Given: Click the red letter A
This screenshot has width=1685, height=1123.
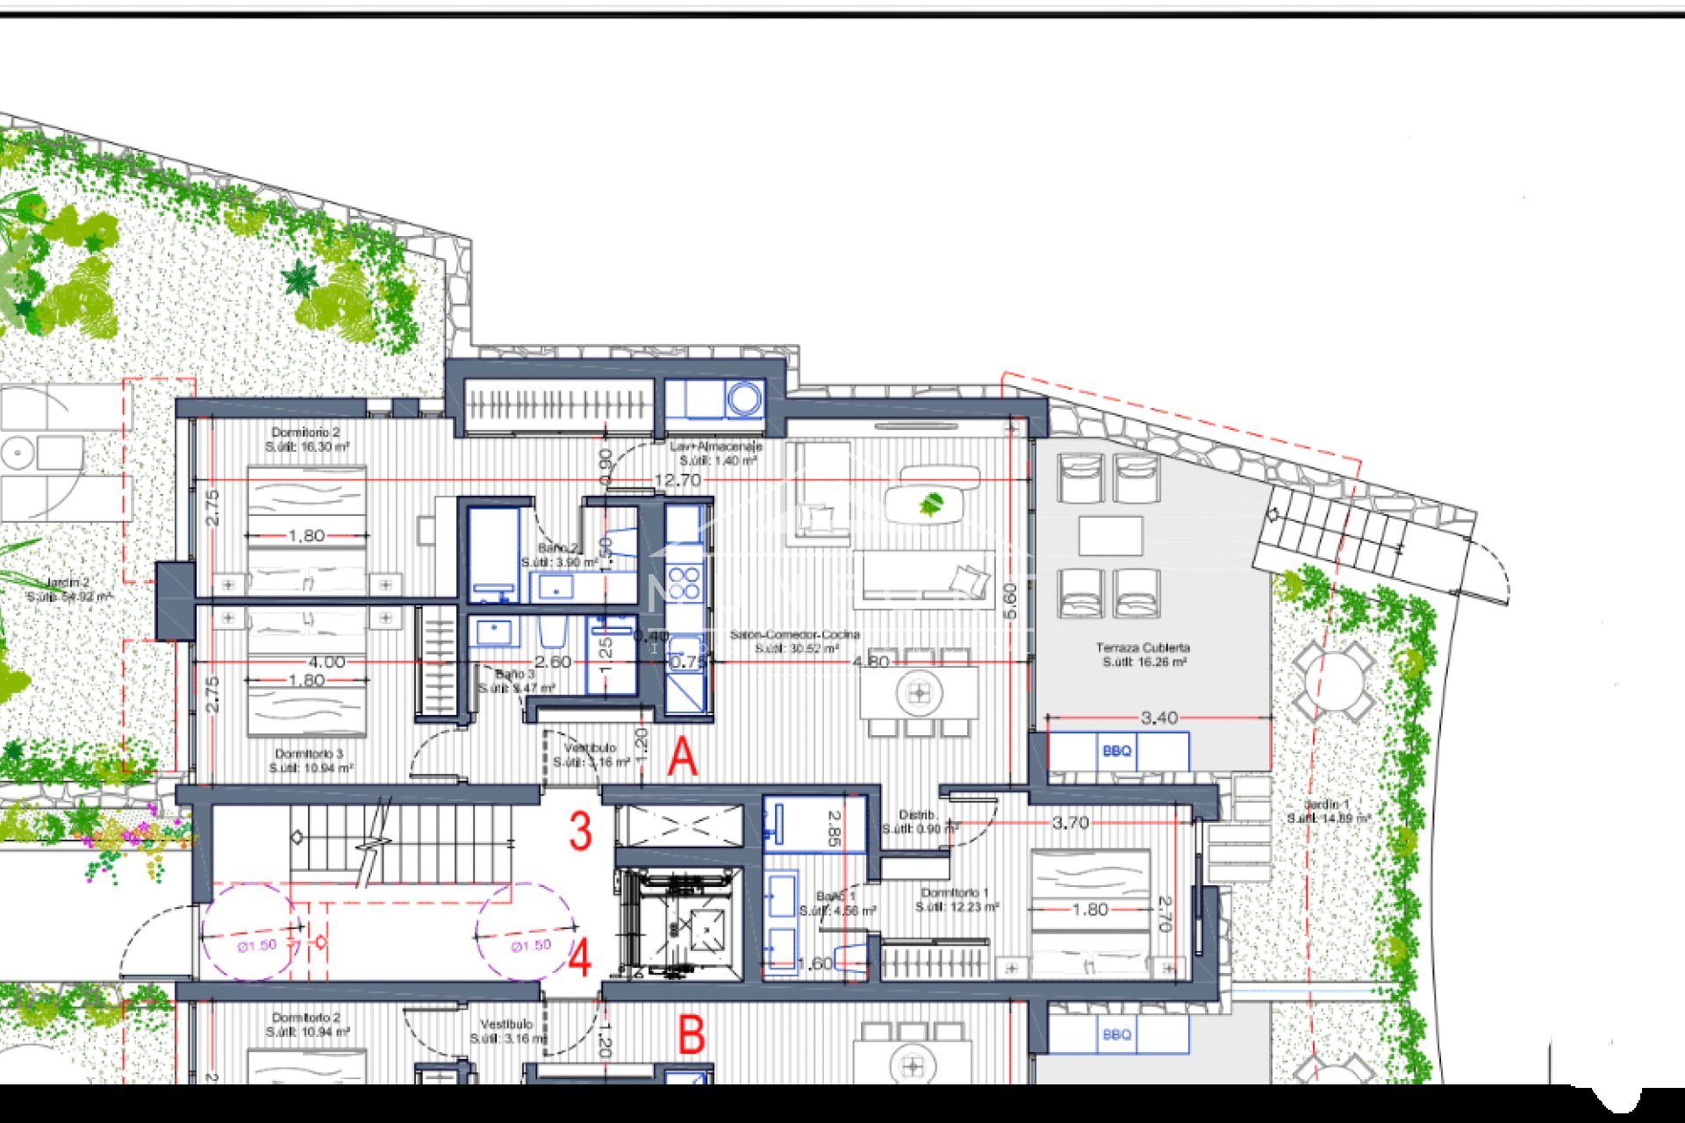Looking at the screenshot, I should [x=682, y=758].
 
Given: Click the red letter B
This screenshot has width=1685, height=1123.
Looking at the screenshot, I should [x=692, y=1035].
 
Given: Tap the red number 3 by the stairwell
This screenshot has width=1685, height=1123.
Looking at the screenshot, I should [x=580, y=832].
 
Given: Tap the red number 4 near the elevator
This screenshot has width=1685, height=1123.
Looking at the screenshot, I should [x=579, y=959].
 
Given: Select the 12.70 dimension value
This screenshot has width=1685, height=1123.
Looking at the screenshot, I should [x=678, y=481].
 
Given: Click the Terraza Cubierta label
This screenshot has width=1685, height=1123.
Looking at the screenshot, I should [x=1143, y=654].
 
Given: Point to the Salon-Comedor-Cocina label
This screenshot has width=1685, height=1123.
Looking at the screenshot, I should [x=795, y=641].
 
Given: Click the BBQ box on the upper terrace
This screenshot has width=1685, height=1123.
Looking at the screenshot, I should [x=1117, y=752].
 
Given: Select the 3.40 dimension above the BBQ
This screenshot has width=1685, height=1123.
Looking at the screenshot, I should [x=1158, y=719].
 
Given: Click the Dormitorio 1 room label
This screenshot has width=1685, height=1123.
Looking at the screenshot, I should [x=956, y=899].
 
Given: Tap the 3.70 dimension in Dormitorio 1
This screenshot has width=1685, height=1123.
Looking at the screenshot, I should [x=1070, y=823].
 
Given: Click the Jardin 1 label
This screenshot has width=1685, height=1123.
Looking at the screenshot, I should [x=1327, y=811].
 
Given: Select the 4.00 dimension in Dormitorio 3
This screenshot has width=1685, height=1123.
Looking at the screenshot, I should [x=326, y=662].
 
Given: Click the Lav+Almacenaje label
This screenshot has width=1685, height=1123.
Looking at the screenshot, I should [x=716, y=453].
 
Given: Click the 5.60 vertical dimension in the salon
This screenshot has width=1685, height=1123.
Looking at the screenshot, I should [x=1010, y=602].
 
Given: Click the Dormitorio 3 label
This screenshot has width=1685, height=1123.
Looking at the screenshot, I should [x=309, y=761].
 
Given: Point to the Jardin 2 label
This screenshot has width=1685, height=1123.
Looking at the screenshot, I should [x=68, y=589].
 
